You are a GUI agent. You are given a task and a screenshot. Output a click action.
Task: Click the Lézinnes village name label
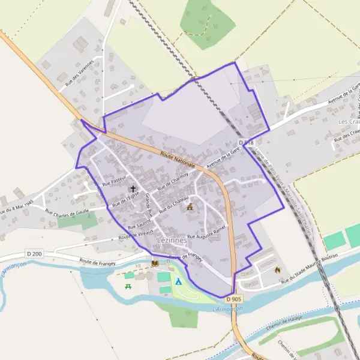170,240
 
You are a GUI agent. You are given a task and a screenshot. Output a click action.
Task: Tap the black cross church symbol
133,188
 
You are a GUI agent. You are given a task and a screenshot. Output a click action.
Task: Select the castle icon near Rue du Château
190,207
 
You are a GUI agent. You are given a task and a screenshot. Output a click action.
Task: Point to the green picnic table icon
128,286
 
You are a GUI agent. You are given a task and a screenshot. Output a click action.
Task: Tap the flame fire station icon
277,269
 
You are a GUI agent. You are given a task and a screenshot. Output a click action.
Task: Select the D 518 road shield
246,142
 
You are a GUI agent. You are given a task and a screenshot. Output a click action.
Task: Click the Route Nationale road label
178,159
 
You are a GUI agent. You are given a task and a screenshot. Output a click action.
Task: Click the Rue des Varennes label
80,74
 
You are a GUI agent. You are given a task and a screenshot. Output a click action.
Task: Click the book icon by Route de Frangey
155,263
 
